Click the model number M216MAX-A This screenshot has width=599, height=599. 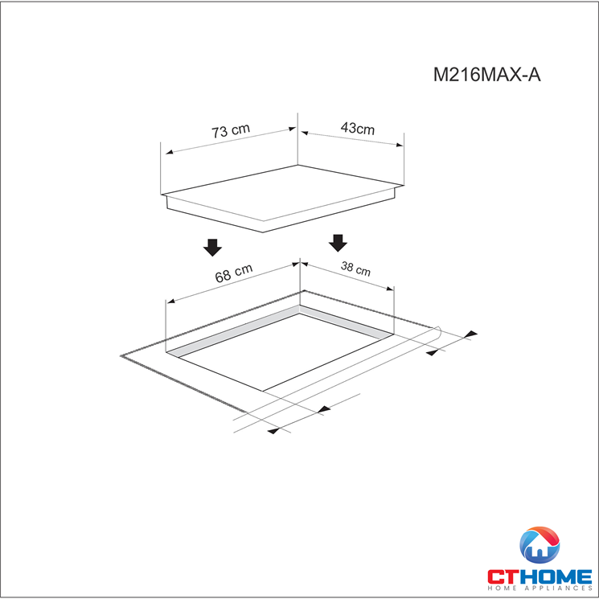(486, 75)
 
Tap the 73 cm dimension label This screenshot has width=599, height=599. (231, 130)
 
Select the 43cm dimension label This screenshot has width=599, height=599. (358, 129)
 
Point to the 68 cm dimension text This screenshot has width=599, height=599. (234, 273)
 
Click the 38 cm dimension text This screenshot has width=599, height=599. (355, 269)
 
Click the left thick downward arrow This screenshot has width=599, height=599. (212, 247)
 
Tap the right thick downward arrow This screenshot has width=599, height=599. (338, 243)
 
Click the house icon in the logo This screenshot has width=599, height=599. (540, 545)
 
